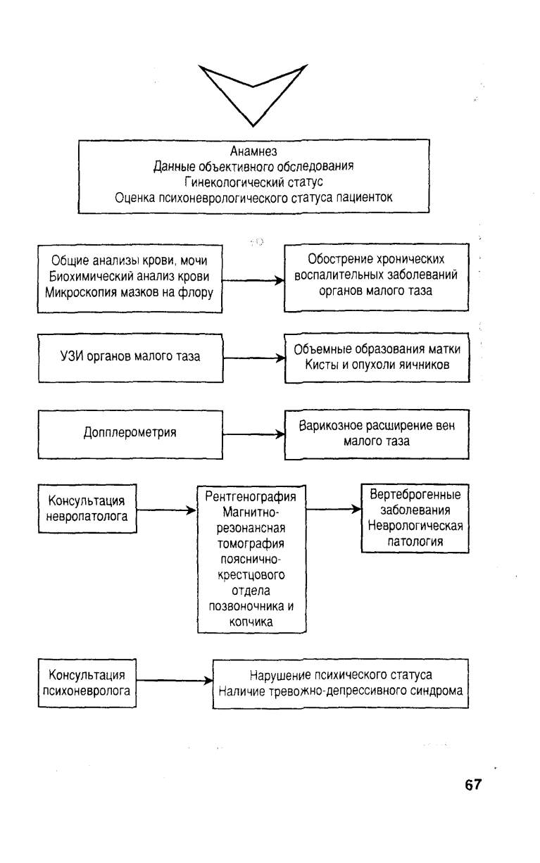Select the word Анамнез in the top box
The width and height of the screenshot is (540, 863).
coord(253,151)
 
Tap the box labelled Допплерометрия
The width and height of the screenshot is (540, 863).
coord(130,434)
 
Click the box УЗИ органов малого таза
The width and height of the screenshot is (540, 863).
coord(130,358)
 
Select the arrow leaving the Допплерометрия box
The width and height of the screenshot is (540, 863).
coord(253,434)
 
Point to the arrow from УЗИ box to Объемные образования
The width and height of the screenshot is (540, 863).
coord(253,358)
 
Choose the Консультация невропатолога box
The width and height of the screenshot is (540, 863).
coord(87,508)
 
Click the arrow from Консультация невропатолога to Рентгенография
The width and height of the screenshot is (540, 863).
coord(167,510)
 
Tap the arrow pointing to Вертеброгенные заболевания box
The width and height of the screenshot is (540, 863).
coord(334,510)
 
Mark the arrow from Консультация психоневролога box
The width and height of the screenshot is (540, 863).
coord(175,681)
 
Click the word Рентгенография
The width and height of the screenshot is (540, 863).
coord(251,496)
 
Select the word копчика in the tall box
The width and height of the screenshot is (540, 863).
coord(251,622)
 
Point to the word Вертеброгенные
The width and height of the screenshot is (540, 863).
coord(415,494)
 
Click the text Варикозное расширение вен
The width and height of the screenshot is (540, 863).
coord(377,426)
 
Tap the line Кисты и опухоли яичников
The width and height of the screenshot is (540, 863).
coord(377,365)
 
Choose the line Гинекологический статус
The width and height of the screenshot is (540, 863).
coord(253,182)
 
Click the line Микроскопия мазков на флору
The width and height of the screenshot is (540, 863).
coord(129,293)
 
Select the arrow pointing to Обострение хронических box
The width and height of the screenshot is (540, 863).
coord(253,280)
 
